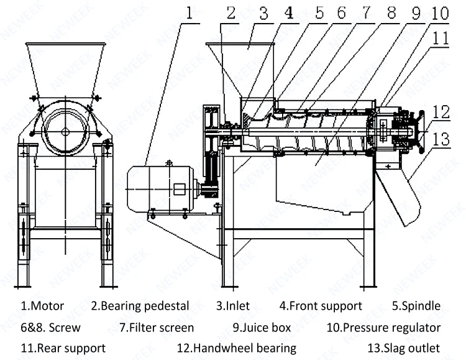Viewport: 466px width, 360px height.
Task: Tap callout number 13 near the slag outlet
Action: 441,139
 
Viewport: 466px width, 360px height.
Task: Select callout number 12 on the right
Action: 441,112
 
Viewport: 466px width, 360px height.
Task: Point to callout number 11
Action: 440,39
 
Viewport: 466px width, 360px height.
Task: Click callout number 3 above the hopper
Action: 263,13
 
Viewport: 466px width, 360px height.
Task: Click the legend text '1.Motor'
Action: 42,306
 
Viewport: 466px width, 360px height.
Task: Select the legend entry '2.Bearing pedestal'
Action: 140,306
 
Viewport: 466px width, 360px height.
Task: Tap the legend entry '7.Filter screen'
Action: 157,328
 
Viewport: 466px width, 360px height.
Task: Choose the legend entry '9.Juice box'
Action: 262,328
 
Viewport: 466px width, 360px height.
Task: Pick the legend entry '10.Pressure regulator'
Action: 384,328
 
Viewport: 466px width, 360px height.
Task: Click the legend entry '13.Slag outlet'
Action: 404,348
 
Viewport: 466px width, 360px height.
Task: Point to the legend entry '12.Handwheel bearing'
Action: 237,348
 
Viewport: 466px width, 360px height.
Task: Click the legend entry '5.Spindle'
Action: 416,306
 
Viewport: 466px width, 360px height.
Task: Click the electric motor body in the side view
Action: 160,190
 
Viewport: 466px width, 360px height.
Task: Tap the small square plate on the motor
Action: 179,190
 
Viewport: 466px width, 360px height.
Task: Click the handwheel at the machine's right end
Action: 421,132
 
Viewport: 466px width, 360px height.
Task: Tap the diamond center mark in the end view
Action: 66,131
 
